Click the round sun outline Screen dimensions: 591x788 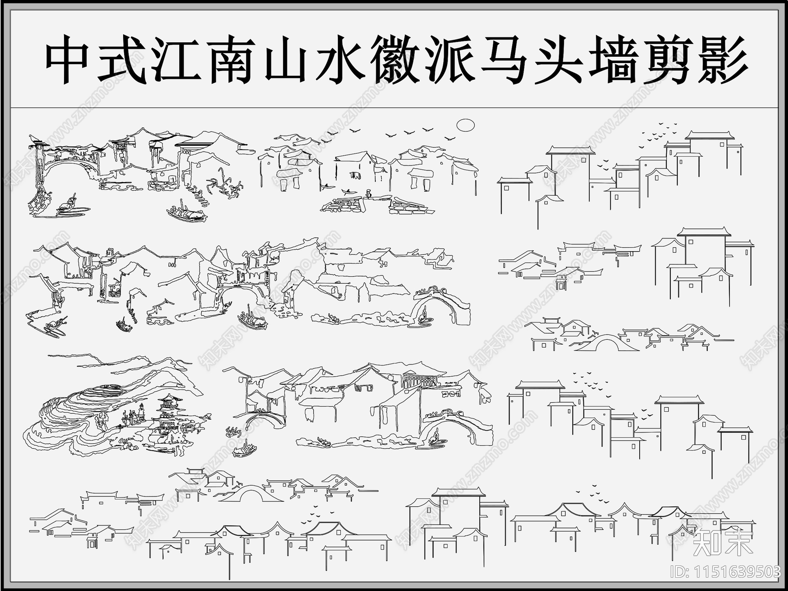(x=465, y=125)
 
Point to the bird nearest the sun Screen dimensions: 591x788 (x=449, y=138)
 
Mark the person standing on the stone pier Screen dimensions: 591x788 (x=368, y=195)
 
